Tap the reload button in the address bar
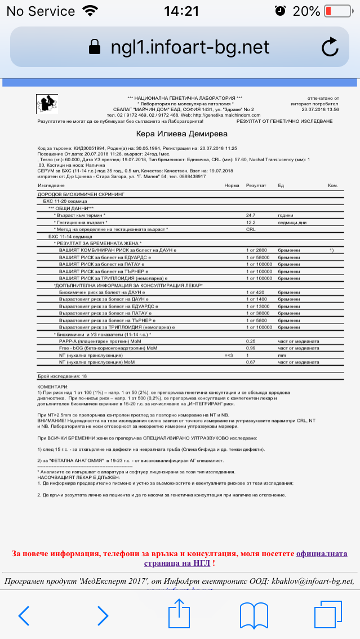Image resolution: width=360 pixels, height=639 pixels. coord(330,47)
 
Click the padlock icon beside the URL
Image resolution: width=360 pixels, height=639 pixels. coord(95,47)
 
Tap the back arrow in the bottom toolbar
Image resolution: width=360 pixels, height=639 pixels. coord(24,616)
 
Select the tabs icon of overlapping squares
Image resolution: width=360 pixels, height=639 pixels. coord(328,615)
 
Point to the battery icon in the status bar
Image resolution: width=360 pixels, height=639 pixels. coord(337,11)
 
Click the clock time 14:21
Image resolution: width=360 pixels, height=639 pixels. coord(181,11)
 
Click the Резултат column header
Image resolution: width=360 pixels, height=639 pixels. coord(256,185)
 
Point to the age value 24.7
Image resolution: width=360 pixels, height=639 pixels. coord(251,215)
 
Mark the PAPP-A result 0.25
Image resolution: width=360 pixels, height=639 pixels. coord(251,341)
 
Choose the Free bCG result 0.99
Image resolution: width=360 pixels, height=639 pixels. coord(251,348)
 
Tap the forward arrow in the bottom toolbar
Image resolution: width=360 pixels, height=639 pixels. coord(102,616)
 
